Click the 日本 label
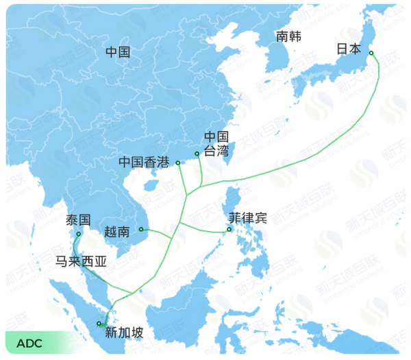pos(349,49)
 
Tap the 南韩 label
pos(288,36)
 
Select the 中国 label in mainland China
pos(118,51)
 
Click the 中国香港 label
pos(144,163)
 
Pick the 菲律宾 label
pos(248,218)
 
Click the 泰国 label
pos(78,221)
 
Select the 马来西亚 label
pos(82,261)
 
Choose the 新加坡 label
pos(124,333)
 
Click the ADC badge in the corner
pos(29,343)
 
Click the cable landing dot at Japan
pos(371,53)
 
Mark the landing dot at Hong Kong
pos(178,163)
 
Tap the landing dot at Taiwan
pos(197,154)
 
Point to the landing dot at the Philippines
pos(229,230)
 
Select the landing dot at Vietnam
pos(140,230)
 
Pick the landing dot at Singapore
pos(100,324)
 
